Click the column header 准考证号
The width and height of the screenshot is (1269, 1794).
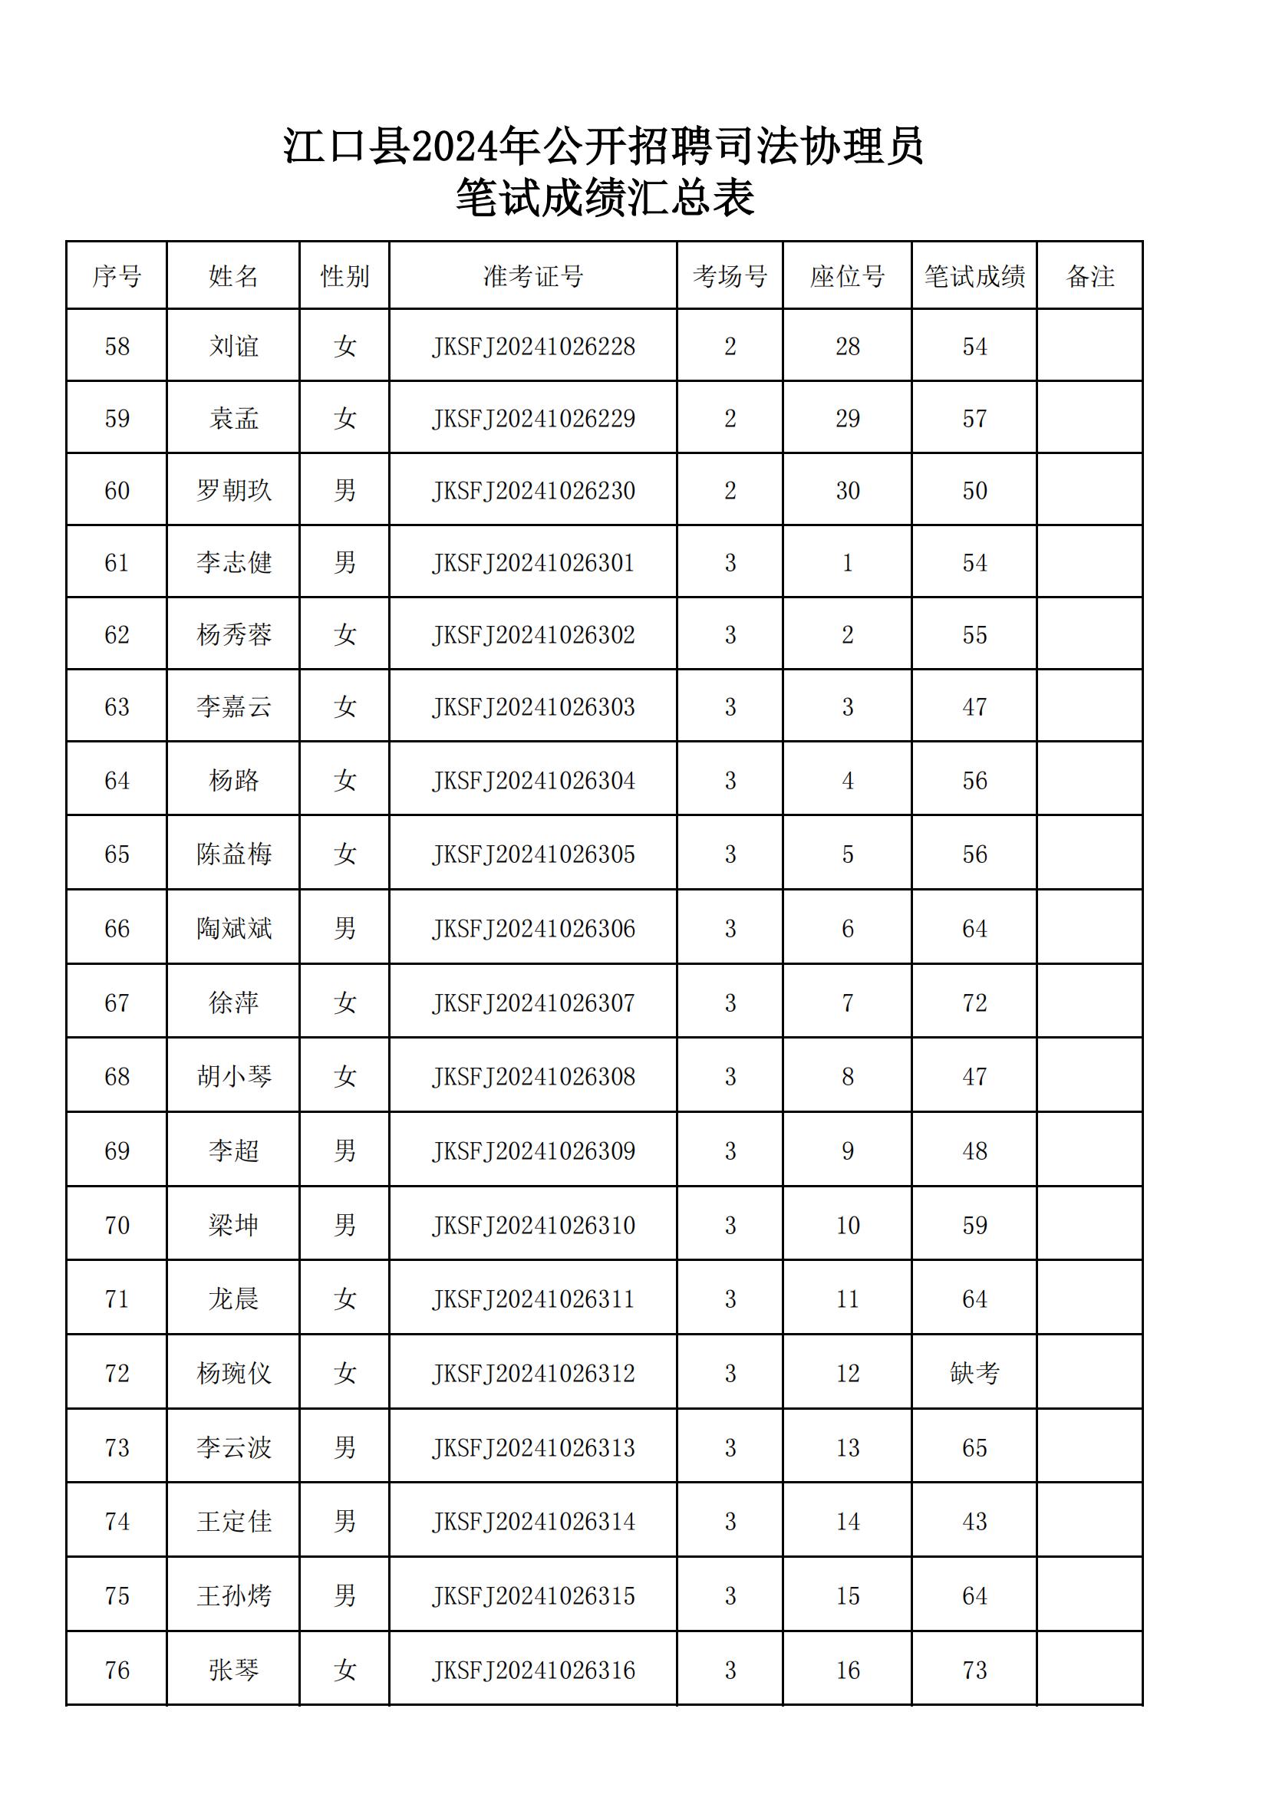[x=533, y=276]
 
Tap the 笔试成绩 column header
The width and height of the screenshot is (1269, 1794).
[x=974, y=276]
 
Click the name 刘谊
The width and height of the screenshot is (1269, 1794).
[x=233, y=346]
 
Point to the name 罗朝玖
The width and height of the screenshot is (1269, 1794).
[x=233, y=491]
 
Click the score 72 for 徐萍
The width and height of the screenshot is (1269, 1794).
[x=974, y=1002]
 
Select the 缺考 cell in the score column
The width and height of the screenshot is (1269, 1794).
[x=974, y=1373]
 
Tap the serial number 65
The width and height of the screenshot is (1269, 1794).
[x=117, y=854]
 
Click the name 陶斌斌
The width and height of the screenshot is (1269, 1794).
[x=233, y=928]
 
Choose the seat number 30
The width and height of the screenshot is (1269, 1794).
[x=848, y=491]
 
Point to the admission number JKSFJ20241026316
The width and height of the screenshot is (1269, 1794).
[x=533, y=1670]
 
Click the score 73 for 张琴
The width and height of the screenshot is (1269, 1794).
[x=974, y=1670]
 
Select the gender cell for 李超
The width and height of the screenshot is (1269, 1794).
[x=344, y=1151]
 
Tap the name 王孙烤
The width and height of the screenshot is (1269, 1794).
[x=233, y=1595]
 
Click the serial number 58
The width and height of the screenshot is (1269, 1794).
[x=117, y=346]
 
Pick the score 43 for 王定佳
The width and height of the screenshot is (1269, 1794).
[x=974, y=1521]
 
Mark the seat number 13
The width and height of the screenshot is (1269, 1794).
[x=848, y=1448]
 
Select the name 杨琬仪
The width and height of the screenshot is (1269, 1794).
[x=233, y=1373]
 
